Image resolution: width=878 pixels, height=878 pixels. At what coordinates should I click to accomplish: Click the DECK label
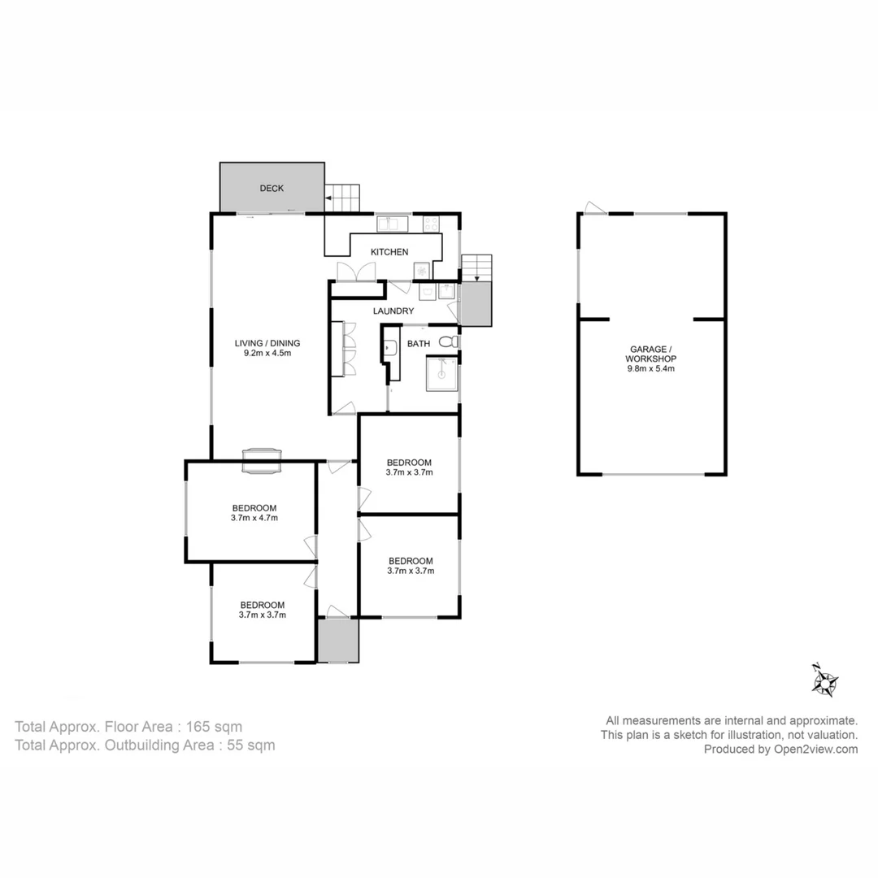point(272,189)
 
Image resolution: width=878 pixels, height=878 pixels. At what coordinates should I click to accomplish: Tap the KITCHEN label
point(389,252)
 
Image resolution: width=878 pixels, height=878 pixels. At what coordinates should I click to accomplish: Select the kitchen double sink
point(391,222)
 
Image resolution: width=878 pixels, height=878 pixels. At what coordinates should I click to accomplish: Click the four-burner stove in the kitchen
point(431,222)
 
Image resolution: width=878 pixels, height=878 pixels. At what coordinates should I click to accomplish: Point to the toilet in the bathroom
point(449,342)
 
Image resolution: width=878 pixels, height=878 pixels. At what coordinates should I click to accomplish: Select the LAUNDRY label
point(393,311)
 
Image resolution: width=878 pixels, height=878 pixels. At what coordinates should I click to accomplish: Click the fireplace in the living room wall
point(262,460)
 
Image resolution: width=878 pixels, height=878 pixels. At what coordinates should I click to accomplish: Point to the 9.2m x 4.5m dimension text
point(263,353)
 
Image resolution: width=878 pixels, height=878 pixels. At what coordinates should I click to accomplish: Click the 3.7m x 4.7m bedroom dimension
point(251,518)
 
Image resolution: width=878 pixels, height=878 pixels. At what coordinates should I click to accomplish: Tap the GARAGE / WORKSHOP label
point(651,353)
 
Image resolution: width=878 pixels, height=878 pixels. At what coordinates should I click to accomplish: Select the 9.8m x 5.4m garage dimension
point(651,368)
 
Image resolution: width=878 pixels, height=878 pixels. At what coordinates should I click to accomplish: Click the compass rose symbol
point(824,680)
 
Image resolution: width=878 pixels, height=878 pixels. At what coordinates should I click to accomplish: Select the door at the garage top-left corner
point(595,208)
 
